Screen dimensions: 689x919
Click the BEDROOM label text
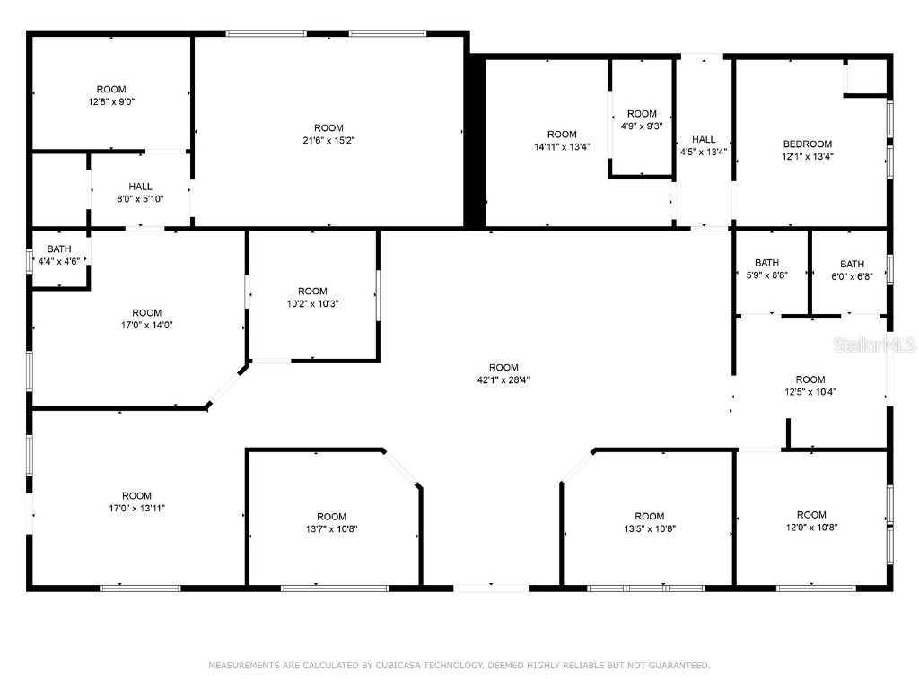click(x=807, y=144)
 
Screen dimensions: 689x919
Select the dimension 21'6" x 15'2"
click(x=328, y=140)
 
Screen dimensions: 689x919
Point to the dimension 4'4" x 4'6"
click(x=59, y=261)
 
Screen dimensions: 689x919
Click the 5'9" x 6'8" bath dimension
click(x=766, y=275)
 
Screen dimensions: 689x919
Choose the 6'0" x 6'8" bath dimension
click(x=852, y=275)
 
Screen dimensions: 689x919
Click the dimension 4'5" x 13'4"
click(x=704, y=152)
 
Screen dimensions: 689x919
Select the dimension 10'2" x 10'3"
click(x=312, y=303)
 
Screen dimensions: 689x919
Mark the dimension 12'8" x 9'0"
click(x=111, y=101)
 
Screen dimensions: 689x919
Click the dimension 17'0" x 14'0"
click(x=147, y=325)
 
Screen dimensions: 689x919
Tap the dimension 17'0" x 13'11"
click(x=137, y=508)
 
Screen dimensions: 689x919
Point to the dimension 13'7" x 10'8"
click(x=331, y=528)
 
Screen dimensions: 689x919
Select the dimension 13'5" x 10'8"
click(x=650, y=528)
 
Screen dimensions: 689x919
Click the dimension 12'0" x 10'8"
click(x=811, y=527)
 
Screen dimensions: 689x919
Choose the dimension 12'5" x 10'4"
click(x=810, y=391)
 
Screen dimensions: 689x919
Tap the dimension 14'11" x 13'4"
click(x=563, y=147)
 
